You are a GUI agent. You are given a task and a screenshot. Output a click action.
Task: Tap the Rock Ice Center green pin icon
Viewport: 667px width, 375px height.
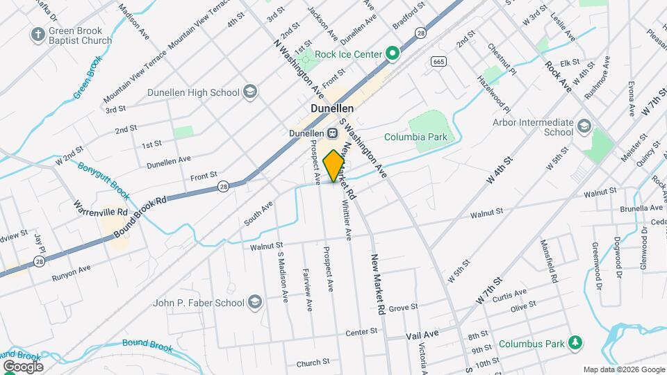pyautogui.click(x=393, y=54)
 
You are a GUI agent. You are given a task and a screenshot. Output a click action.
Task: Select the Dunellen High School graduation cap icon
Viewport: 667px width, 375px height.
pyautogui.click(x=251, y=92)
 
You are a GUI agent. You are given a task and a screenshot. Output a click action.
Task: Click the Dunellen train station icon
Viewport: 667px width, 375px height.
pyautogui.click(x=333, y=133)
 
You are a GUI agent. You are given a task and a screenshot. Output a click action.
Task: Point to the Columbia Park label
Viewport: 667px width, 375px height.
pyautogui.click(x=415, y=137)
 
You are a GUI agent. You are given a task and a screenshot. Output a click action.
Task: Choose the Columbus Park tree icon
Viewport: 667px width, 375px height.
pyautogui.click(x=575, y=342)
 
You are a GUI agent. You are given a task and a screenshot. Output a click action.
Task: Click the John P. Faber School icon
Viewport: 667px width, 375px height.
pyautogui.click(x=255, y=303)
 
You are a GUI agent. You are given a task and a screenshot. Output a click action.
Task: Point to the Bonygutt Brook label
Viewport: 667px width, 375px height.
pyautogui.click(x=104, y=178)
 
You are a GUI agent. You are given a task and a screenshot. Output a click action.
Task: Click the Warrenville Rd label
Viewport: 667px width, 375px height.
pyautogui.click(x=102, y=208)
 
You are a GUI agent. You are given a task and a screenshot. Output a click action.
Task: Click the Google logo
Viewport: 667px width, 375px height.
pyautogui.click(x=22, y=366)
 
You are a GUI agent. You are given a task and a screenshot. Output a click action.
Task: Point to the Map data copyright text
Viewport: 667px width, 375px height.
pyautogui.click(x=623, y=369)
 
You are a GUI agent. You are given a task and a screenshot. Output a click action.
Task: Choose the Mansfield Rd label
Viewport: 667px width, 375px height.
pyautogui.click(x=549, y=260)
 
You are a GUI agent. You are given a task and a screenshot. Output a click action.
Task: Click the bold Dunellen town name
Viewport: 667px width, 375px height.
pyautogui.click(x=331, y=109)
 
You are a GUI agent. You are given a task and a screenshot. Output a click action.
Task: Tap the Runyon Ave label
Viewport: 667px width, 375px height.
pyautogui.click(x=71, y=273)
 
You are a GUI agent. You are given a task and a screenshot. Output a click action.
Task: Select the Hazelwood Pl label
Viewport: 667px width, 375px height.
pyautogui.click(x=494, y=95)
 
